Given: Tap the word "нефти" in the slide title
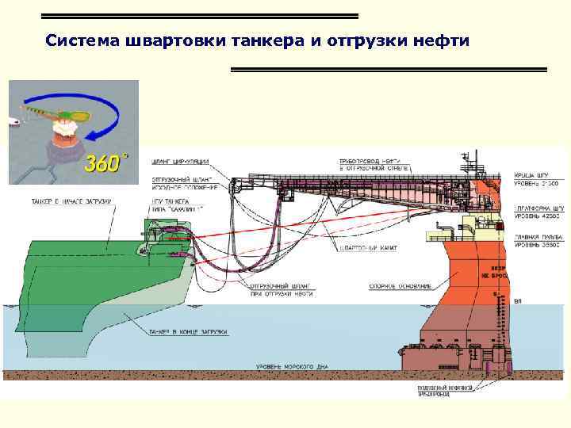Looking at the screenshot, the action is [x=444, y=40].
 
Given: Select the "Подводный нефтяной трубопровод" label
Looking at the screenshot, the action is [x=445, y=391].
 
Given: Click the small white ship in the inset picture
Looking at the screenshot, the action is [x=13, y=121].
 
